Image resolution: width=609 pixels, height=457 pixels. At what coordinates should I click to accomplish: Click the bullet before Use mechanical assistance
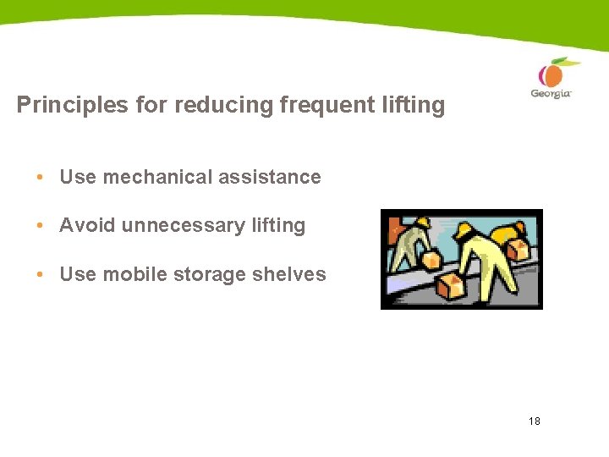(x=40, y=177)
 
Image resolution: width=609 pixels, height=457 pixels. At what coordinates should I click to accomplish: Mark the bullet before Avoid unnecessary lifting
(x=40, y=225)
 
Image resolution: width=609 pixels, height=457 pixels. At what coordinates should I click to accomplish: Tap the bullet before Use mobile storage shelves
(x=40, y=274)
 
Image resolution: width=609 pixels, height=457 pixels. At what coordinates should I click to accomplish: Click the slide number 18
(x=534, y=421)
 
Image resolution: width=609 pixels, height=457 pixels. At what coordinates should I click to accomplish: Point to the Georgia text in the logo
(x=551, y=93)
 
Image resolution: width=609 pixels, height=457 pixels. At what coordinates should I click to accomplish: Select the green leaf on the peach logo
(x=568, y=62)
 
